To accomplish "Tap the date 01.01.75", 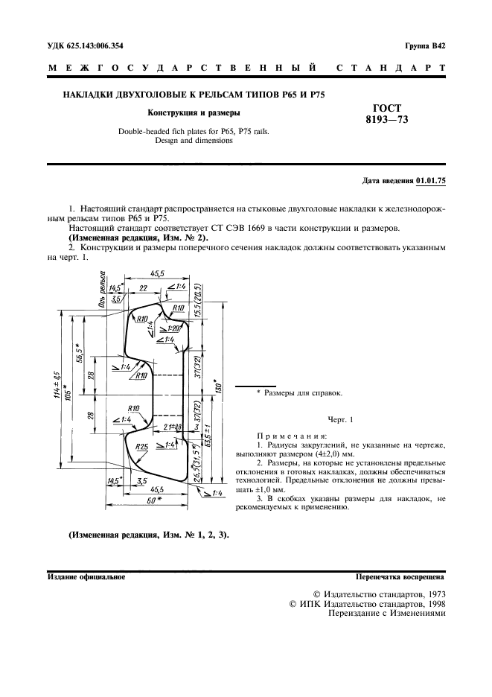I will point(431,180).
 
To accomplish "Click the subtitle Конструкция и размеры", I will point(194,113).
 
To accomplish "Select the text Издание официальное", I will point(86,576).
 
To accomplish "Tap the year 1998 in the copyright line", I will point(431,604).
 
